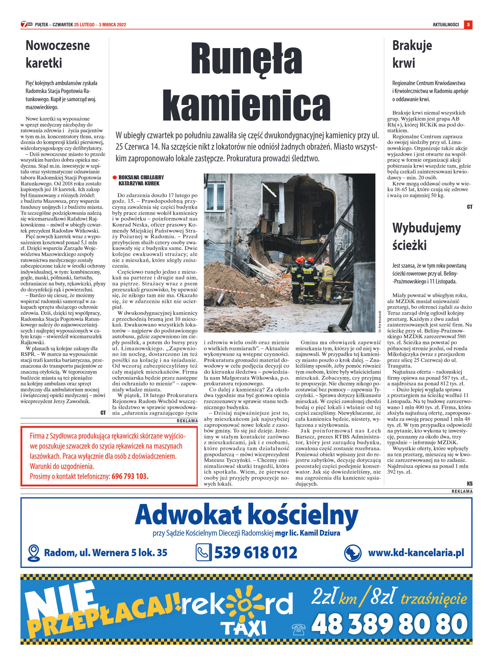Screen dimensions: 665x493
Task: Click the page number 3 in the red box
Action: click(468, 25)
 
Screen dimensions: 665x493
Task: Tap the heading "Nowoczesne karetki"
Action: click(58, 54)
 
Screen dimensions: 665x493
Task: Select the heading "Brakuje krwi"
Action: click(412, 54)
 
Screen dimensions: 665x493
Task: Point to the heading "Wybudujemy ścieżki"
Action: click(426, 236)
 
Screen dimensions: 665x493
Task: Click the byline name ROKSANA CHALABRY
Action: click(141, 177)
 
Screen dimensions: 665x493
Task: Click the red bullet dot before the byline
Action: click(115, 177)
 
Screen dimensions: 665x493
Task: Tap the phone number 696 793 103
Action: click(130, 476)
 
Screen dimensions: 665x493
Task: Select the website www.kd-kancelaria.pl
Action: click(416, 553)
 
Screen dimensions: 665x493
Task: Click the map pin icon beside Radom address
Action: click(34, 553)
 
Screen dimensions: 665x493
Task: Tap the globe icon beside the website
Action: click(353, 553)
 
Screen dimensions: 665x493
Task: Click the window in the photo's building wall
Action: click(215, 196)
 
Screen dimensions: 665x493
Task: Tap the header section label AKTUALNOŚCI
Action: click(446, 25)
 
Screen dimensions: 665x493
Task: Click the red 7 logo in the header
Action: click(24, 24)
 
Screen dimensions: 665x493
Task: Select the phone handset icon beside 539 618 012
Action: click(203, 552)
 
